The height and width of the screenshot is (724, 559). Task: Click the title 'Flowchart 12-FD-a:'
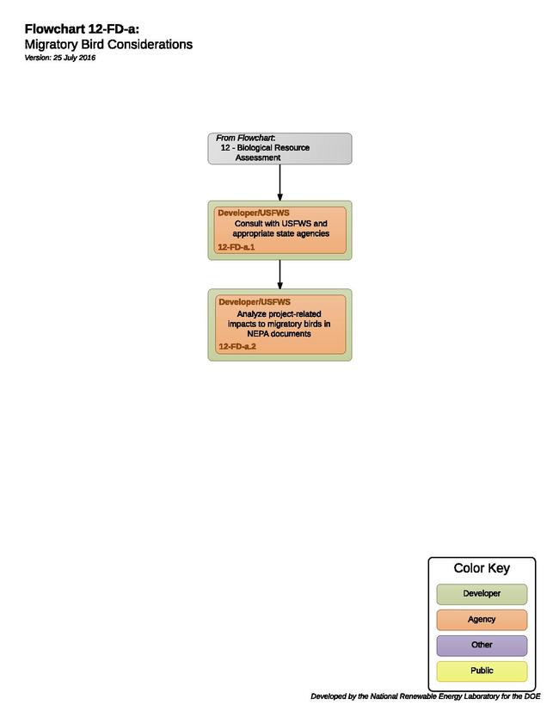pos(82,29)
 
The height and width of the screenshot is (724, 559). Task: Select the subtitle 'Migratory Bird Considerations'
pos(108,44)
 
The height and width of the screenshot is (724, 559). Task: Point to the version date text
pos(60,58)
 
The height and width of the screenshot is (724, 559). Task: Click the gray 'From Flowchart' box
pos(279,148)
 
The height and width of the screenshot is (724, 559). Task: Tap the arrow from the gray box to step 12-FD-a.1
pos(279,183)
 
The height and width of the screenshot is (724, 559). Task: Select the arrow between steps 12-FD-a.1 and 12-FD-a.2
pos(279,275)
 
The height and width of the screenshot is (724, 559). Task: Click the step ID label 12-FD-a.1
pos(236,247)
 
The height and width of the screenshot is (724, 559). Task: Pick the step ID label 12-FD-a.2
pos(237,346)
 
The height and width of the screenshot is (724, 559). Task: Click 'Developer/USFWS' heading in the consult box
pos(254,213)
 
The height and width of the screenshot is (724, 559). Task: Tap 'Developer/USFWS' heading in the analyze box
pos(255,302)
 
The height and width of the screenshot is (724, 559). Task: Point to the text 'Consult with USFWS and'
pos(281,224)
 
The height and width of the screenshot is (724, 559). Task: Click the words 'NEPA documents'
pos(279,334)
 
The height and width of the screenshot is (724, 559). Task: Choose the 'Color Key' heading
pos(482,568)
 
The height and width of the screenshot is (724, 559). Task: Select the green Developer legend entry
pos(482,594)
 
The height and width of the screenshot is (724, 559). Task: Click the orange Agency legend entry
pos(482,620)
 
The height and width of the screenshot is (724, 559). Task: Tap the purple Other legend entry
pos(482,646)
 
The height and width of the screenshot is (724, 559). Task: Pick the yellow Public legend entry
pos(482,671)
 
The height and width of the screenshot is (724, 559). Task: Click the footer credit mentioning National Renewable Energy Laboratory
pos(425,696)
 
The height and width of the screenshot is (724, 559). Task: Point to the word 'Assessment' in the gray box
pos(258,158)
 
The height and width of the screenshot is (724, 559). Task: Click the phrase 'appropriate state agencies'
pos(281,233)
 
